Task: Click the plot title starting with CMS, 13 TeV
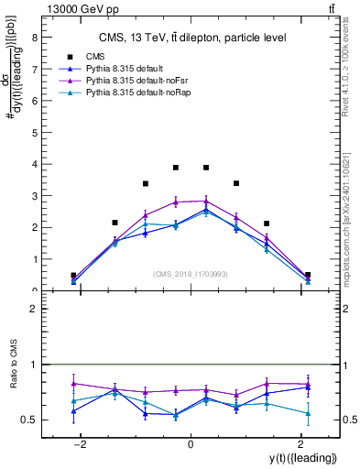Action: [192, 38]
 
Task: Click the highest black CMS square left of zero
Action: [176, 168]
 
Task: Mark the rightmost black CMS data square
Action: [308, 275]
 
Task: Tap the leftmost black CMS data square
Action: [73, 275]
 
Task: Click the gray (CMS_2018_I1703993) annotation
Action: [191, 274]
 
